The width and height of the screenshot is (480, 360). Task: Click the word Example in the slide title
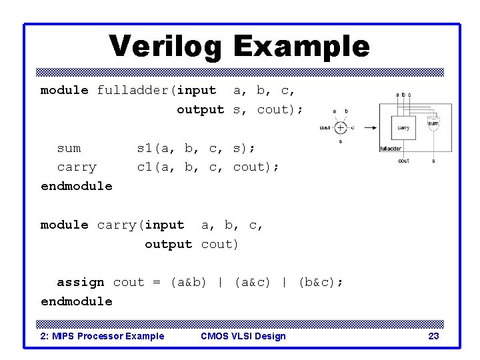[301, 47]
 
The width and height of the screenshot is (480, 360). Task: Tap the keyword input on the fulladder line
[196, 90]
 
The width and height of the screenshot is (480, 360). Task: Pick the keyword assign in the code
[80, 282]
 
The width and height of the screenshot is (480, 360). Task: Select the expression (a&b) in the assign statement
[188, 282]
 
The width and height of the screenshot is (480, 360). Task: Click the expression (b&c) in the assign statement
[320, 282]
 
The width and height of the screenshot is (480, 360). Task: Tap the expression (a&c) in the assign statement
[252, 282]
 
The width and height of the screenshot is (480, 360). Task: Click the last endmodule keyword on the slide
[77, 301]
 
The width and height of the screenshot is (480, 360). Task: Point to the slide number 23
[433, 336]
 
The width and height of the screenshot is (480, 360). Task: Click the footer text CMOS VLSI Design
[243, 336]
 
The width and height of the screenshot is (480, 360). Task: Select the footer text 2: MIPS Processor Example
[103, 336]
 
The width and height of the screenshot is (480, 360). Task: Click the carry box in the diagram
[403, 127]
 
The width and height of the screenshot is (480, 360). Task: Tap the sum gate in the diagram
[433, 124]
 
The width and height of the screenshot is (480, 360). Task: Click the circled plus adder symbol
[341, 127]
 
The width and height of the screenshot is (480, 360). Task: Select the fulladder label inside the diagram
[391, 149]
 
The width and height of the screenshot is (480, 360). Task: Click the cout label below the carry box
[403, 161]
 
